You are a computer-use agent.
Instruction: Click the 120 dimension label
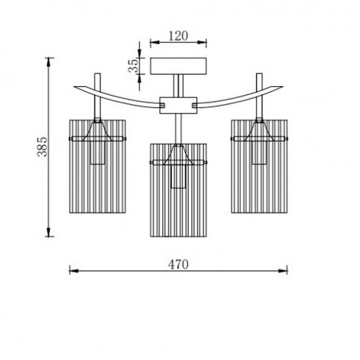click(x=178, y=36)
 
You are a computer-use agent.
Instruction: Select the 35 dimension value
click(x=133, y=65)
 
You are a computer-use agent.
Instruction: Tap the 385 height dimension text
click(x=42, y=147)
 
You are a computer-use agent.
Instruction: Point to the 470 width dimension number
click(x=178, y=265)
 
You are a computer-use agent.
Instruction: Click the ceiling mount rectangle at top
click(x=178, y=66)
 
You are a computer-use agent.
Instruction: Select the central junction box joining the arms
click(x=178, y=106)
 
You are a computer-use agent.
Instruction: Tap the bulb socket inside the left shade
click(x=97, y=153)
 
